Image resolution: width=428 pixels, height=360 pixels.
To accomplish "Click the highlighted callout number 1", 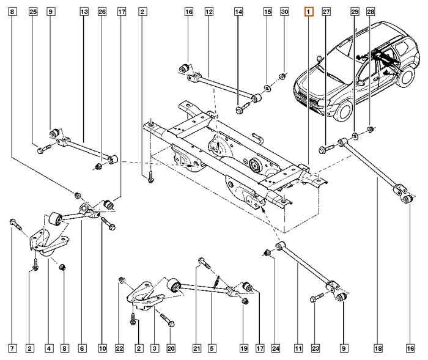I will coord(309,12).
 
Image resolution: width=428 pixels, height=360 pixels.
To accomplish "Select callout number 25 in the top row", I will coord(33,12).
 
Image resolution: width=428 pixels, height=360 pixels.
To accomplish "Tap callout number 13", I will coord(84,12).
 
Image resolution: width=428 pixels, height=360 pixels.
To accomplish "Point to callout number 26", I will coord(102,12).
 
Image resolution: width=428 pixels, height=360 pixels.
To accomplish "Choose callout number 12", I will coord(208,12).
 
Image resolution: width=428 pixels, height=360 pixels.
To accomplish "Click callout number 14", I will coord(238,12).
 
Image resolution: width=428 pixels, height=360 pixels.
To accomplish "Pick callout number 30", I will coord(284,12).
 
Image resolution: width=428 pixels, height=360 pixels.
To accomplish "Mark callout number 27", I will coord(326,12).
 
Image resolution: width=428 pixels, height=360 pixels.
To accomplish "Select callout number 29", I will coord(355,12).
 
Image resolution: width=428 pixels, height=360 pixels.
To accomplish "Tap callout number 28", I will coord(371,12).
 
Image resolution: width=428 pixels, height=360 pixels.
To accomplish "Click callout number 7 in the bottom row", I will coord(12,348).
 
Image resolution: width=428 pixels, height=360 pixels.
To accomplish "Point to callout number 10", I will coord(101,348).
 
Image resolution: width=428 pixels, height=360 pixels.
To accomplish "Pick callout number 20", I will coord(171,348).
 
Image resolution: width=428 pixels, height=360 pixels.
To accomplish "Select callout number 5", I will coord(211,348).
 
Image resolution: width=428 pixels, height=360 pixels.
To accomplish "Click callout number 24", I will coord(276,348).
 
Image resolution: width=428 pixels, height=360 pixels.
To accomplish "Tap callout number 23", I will coord(315,348).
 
